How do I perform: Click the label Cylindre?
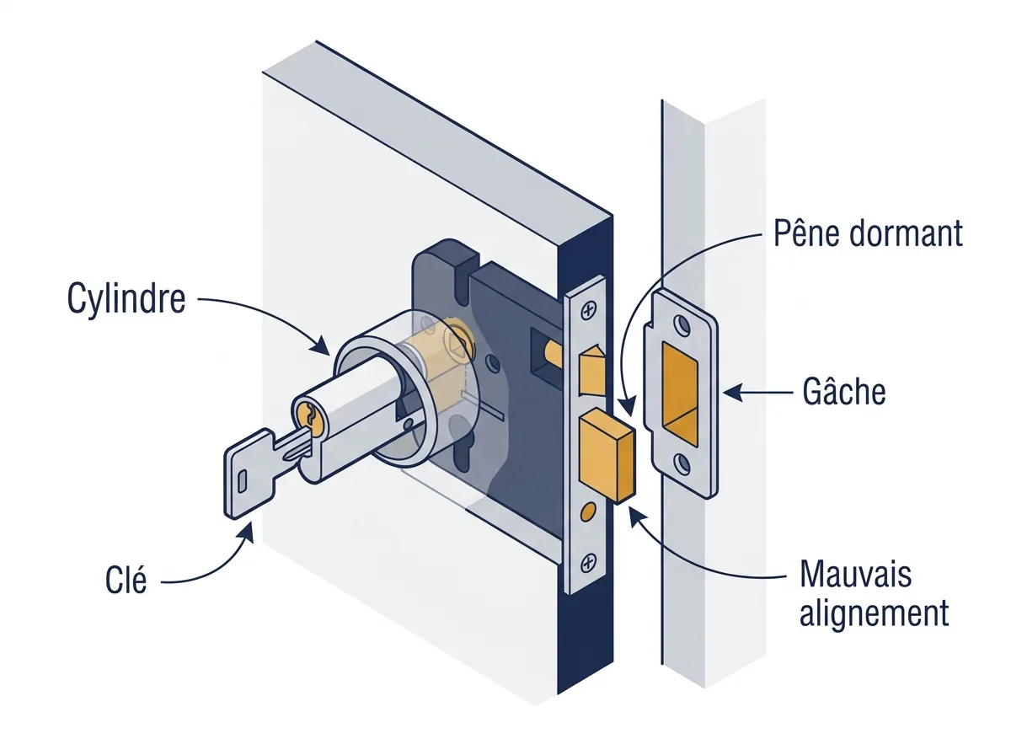tap(126, 300)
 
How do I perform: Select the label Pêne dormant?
tap(868, 233)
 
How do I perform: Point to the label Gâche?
tap(844, 391)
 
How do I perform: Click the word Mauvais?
tap(856, 574)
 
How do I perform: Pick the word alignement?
tap(874, 613)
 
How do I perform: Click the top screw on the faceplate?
tap(588, 312)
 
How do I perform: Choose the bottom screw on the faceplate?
tap(588, 563)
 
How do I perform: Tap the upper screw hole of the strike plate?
tap(682, 325)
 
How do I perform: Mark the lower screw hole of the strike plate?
tap(682, 464)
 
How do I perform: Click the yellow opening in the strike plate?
tap(679, 395)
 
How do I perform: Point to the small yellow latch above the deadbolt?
tap(591, 372)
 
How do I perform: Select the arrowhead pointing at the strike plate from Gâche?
tap(732, 393)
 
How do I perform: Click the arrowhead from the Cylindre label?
tap(321, 345)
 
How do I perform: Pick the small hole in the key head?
tap(242, 482)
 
